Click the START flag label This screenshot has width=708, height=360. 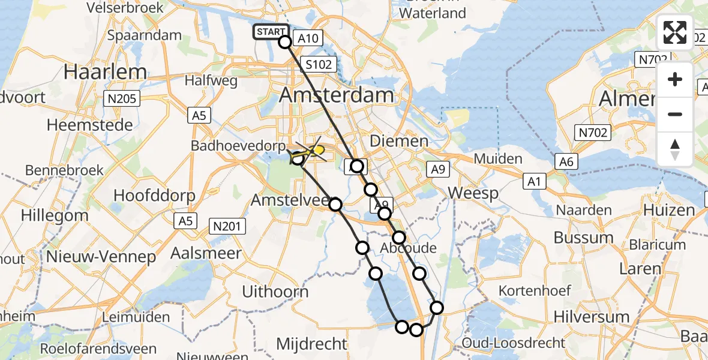(x=271, y=32)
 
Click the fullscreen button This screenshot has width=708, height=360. (x=675, y=32)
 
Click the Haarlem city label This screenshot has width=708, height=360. (x=105, y=72)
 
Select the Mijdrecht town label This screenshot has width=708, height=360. (x=311, y=344)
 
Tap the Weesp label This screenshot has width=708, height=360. (x=473, y=193)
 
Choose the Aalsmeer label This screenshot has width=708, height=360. (x=206, y=253)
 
